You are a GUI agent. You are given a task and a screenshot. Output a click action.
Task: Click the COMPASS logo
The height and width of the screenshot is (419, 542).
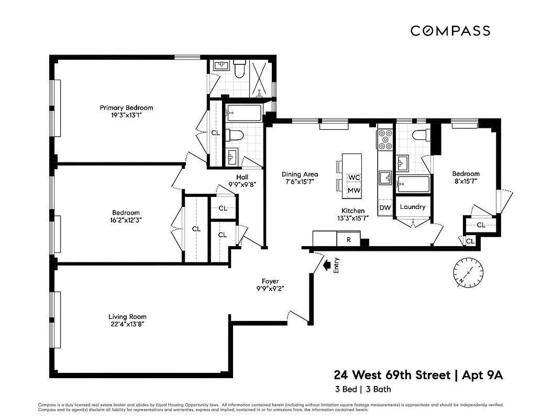[450, 30]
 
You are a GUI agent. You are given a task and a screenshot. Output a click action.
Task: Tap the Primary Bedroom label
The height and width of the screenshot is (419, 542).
[126, 108]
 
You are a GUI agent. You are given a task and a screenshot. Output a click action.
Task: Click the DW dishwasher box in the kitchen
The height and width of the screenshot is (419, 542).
[385, 208]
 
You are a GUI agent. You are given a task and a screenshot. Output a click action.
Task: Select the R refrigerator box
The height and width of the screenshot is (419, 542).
[348, 240]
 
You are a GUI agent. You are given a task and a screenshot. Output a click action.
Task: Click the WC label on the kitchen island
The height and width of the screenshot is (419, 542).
[354, 178]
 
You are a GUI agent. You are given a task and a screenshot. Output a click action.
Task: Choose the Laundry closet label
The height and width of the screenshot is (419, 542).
[413, 207]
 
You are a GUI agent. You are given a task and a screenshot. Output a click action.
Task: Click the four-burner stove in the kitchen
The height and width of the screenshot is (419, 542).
[385, 139]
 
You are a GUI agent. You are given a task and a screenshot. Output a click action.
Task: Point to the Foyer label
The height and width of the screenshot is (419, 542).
[270, 281]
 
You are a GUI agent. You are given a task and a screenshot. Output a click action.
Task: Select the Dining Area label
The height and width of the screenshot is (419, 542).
[300, 174]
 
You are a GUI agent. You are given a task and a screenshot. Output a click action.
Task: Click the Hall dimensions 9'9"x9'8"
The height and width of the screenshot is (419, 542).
[241, 184]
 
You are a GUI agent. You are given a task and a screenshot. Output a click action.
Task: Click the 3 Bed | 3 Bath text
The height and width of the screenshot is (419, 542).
[362, 389]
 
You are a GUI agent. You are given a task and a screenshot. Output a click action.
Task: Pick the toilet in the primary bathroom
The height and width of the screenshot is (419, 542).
[240, 70]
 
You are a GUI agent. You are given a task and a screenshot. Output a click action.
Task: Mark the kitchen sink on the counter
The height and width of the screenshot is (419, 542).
[386, 179]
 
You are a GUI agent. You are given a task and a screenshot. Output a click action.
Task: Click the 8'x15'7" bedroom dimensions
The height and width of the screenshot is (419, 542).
[466, 181]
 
